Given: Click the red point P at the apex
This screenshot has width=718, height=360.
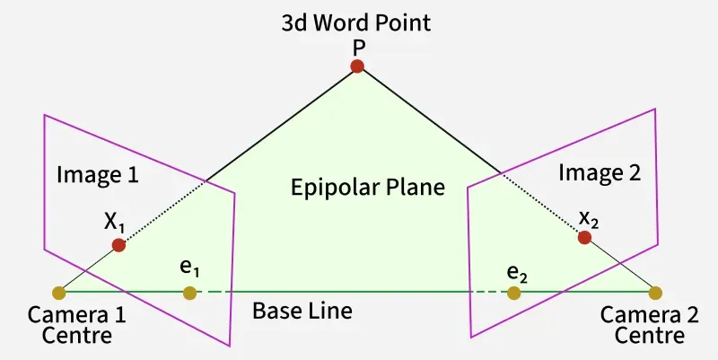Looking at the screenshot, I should (357, 66).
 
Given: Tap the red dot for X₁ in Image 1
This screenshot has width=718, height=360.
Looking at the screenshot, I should (118, 245).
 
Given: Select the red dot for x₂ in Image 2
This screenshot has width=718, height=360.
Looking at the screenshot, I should (584, 237).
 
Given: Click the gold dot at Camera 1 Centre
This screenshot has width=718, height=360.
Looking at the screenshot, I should (59, 293).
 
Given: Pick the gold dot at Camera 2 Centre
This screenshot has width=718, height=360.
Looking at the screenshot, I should (655, 293).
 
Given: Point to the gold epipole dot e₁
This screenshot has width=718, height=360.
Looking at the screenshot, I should (189, 293).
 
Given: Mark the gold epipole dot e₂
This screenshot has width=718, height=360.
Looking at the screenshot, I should (513, 293).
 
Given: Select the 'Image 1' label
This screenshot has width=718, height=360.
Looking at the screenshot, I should (98, 174).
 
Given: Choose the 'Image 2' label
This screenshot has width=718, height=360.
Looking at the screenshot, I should (600, 174).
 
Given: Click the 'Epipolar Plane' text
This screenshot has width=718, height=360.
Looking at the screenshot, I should (368, 189).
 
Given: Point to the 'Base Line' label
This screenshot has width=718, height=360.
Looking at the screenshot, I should (302, 312).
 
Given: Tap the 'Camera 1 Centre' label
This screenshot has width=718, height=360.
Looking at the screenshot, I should (76, 326).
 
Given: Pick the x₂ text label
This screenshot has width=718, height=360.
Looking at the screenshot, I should (588, 217).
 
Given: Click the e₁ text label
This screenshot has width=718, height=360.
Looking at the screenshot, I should (188, 268).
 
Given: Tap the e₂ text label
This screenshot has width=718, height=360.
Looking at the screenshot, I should (515, 271).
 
